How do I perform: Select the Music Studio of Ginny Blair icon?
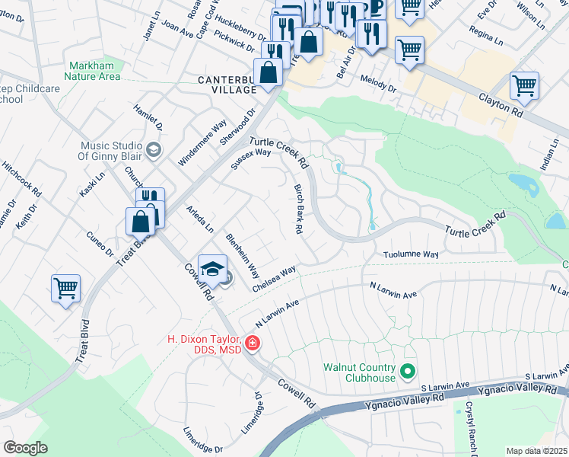[x=154, y=148]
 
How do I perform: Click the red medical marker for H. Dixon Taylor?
[x=252, y=344]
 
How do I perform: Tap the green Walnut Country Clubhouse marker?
[x=408, y=372]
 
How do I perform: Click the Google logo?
[x=25, y=448]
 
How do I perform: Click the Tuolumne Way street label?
[x=411, y=254]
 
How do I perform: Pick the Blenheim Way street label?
[x=242, y=256]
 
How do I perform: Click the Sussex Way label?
[x=251, y=158]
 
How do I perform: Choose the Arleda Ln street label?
[x=200, y=219]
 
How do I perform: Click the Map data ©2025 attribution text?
[x=537, y=451]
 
